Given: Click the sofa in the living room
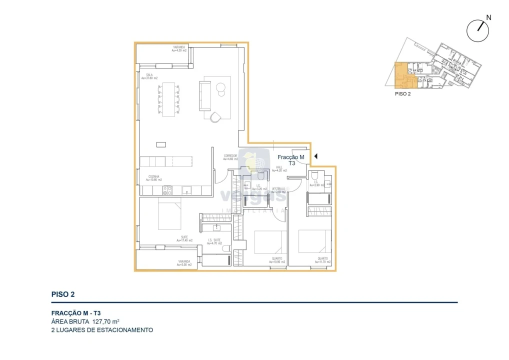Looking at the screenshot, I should (205, 95).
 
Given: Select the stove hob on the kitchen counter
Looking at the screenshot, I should (168, 190).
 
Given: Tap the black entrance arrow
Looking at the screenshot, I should (315, 157).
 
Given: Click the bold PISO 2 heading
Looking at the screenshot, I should (63, 294).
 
